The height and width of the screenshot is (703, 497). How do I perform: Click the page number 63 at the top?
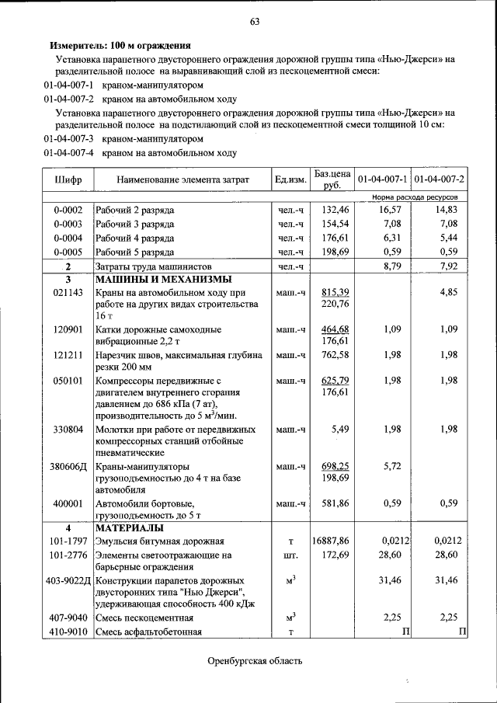coord(254,21)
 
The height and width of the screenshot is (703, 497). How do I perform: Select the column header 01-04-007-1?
coord(383,180)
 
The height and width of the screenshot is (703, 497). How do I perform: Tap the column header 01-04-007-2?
coord(440,180)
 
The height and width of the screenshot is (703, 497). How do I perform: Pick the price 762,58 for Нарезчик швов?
coord(334,355)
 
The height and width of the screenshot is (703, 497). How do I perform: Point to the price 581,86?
coord(334,503)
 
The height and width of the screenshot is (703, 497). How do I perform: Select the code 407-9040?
coord(68,618)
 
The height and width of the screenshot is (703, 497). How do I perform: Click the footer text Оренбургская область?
coord(254,661)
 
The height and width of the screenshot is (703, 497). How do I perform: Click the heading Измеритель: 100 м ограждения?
coord(120,47)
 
